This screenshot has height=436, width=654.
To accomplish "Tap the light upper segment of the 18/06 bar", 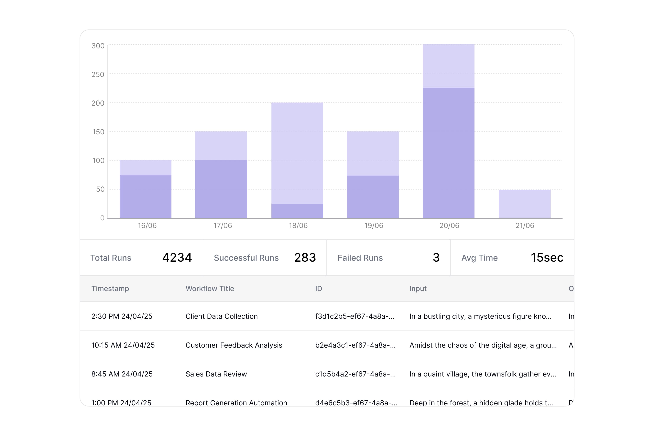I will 297,153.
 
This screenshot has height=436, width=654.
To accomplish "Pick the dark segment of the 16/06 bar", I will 145,196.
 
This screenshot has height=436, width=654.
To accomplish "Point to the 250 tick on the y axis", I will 98,74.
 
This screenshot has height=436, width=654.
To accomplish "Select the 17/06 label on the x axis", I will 223,225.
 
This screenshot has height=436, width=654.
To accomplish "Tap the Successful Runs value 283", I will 305,257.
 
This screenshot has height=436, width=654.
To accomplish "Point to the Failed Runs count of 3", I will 436,257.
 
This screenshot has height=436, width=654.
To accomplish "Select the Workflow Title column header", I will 210,289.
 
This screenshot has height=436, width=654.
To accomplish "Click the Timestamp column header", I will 110,289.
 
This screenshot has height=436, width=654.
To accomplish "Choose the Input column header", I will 418,289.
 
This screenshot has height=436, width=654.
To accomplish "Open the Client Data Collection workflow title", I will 221,316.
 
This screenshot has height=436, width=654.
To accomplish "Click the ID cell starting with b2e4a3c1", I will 355,345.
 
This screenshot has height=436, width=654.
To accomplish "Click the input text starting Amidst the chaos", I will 483,345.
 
